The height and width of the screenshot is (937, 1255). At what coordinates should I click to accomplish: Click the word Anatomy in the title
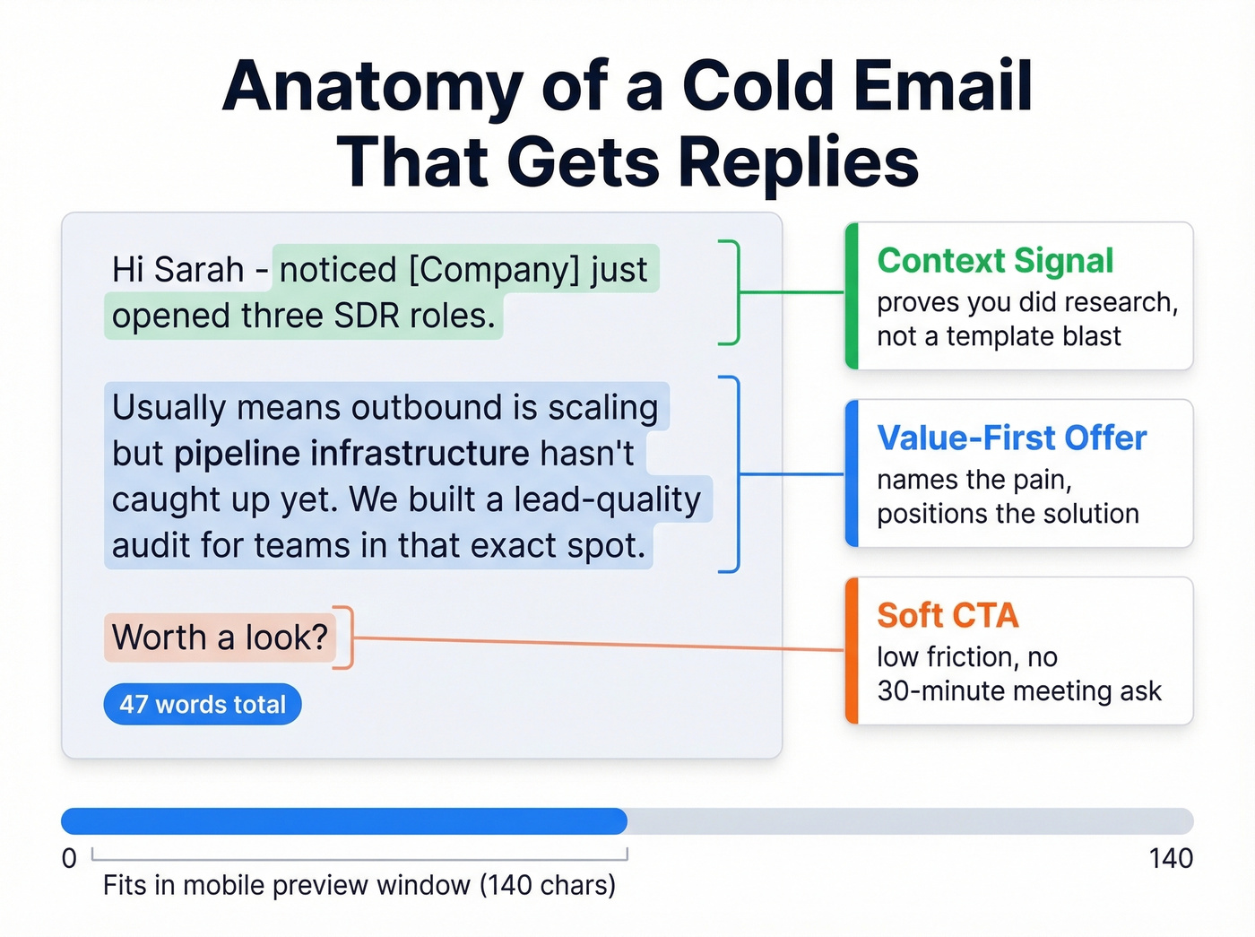coord(372,87)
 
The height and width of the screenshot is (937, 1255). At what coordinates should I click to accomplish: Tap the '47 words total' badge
coord(203,705)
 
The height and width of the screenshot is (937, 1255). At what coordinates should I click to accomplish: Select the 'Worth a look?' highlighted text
coord(221,638)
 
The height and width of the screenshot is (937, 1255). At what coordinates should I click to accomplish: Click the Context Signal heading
coord(995,261)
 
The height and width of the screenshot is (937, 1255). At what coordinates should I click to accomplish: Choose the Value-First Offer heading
coord(1011,438)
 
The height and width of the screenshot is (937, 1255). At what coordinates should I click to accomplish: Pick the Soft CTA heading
coord(948,616)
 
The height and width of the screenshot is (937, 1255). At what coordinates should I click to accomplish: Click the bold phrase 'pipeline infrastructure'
coord(351,454)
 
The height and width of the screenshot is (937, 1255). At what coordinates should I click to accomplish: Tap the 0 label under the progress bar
coord(69,859)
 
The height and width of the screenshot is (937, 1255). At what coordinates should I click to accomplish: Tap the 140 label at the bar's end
coord(1170,859)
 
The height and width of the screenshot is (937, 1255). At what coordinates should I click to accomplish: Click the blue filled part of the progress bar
coord(344,821)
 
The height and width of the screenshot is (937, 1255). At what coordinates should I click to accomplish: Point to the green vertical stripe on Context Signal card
coord(853,296)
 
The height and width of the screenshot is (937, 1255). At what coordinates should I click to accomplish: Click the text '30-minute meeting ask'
coord(1018,691)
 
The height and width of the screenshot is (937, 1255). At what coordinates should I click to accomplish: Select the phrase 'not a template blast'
coord(999,336)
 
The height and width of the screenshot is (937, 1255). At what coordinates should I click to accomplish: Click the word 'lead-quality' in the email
coord(606,499)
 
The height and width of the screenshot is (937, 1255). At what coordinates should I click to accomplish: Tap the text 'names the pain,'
coord(974,481)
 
